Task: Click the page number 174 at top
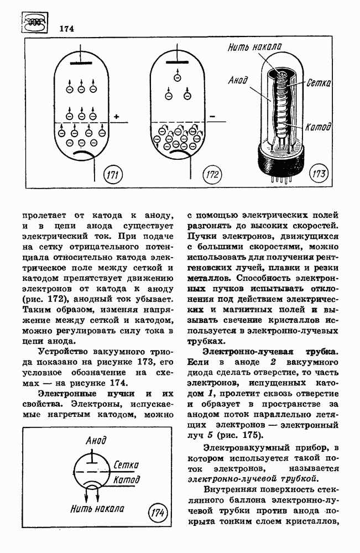pos(66,28)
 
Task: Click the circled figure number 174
pos(158,514)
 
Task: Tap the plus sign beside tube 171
pos(117,117)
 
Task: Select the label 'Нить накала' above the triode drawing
pos(255,49)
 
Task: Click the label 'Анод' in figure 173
pos(238,81)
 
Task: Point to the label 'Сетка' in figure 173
pos(319,84)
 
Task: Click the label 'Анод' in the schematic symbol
pos(96,441)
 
